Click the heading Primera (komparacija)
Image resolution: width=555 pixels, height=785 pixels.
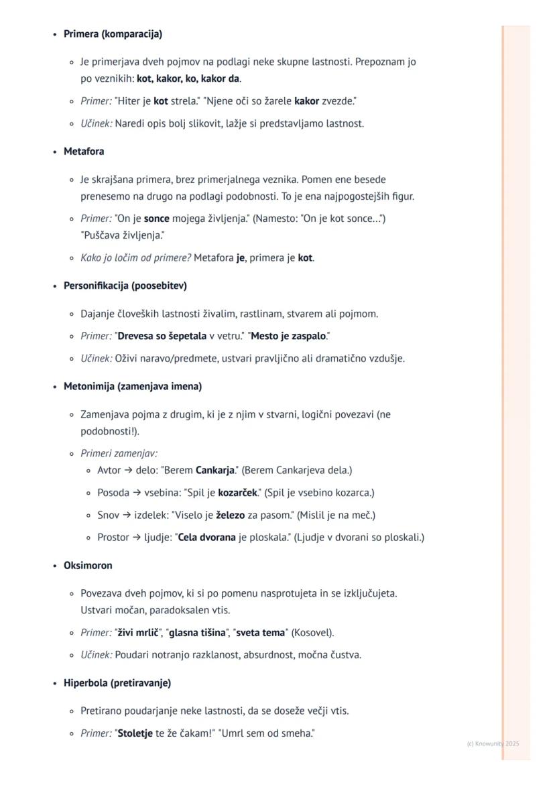113,34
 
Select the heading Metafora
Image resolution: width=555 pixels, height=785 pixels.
84,152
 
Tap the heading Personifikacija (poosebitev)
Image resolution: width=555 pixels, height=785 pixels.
125,286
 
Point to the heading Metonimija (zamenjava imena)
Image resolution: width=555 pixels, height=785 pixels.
132,386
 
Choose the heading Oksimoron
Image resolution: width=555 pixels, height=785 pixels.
88,565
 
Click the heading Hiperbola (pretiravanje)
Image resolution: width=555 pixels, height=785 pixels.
117,682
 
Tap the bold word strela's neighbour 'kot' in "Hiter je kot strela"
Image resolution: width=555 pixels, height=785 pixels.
161,101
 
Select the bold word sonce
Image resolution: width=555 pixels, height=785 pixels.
156,219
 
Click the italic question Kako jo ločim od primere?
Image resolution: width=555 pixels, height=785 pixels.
135,257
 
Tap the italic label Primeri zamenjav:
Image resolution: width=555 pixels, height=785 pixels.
119,453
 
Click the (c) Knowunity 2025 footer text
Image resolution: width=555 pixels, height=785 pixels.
493,743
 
